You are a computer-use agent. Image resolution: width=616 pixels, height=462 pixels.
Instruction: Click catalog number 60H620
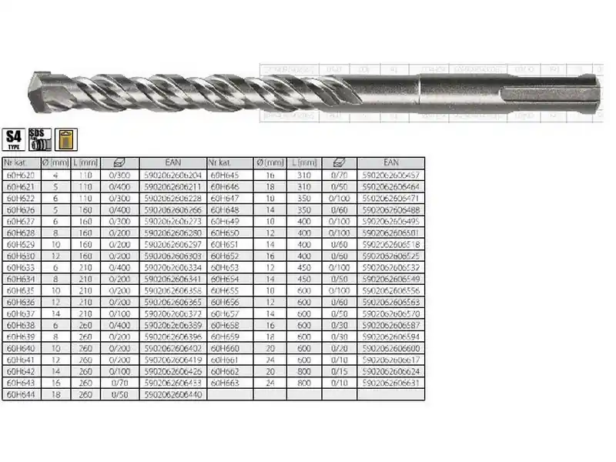[18, 176]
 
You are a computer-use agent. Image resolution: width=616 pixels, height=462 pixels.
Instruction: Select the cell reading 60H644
[18, 394]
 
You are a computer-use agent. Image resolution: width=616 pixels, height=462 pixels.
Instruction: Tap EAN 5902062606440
[172, 394]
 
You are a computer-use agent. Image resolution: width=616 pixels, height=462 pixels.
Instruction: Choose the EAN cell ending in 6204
[172, 176]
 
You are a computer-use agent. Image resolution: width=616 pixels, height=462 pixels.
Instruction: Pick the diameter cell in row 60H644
[55, 394]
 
